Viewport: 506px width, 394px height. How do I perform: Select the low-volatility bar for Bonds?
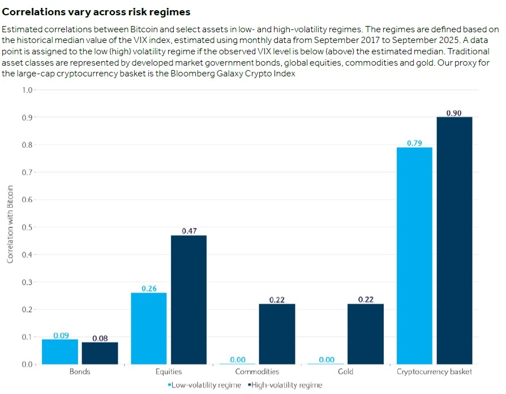[x=60, y=352]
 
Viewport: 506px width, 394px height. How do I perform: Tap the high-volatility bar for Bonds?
[x=100, y=353]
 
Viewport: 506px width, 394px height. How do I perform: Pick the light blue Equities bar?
[x=149, y=328]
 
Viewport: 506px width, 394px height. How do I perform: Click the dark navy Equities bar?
[x=188, y=300]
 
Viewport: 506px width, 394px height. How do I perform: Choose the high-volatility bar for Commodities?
[x=277, y=334]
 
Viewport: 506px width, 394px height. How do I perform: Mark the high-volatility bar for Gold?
[x=366, y=334]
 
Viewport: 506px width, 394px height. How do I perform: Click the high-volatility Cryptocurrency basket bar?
[x=454, y=241]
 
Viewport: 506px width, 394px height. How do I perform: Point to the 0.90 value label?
[x=454, y=113]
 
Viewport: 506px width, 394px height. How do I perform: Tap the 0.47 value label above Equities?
[x=188, y=231]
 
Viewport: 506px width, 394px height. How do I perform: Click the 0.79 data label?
[x=415, y=143]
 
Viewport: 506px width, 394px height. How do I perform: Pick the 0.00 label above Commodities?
[x=238, y=359]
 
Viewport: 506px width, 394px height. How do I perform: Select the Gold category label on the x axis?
[x=346, y=372]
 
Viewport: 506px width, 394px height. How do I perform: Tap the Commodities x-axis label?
[x=258, y=372]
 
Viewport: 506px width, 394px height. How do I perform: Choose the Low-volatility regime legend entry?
[x=205, y=385]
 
